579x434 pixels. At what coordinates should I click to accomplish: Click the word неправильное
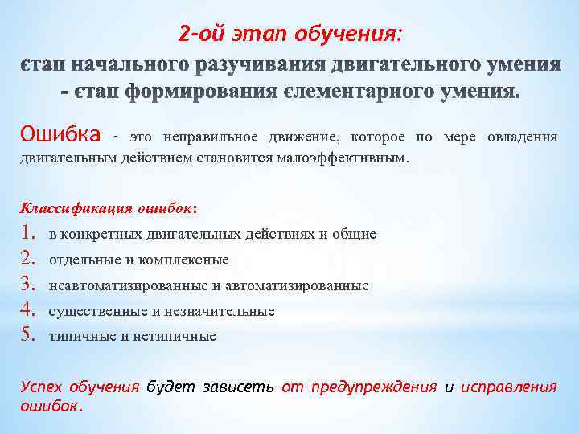tap(212, 137)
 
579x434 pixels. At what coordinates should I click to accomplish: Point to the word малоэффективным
tap(351, 158)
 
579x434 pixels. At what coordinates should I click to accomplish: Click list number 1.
tap(31, 234)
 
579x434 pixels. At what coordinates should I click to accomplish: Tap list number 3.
tap(31, 285)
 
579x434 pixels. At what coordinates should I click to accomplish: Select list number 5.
tap(31, 336)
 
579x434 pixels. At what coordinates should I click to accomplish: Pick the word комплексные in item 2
tap(193, 260)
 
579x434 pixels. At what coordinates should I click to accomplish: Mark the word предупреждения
tap(372, 387)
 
